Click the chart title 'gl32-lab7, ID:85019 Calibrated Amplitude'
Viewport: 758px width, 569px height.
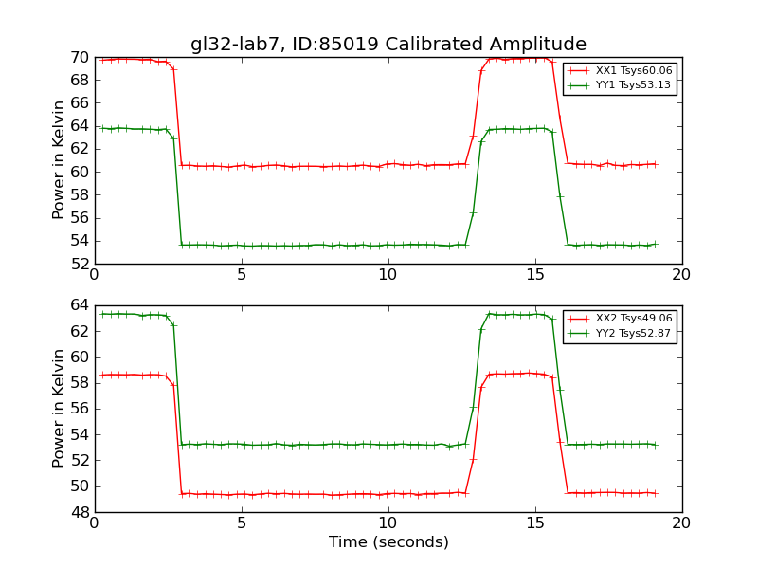coord(388,45)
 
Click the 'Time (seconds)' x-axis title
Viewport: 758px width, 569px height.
coord(388,542)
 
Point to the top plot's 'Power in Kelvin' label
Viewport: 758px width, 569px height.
coord(60,160)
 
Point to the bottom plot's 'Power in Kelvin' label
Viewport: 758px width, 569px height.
coord(60,409)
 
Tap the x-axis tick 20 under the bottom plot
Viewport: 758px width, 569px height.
coord(681,523)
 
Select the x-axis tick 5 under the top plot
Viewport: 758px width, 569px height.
coord(242,275)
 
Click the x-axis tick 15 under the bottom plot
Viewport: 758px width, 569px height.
coord(534,523)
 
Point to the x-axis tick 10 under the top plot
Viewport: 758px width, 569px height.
coord(388,275)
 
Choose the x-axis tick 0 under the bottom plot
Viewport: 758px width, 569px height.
coord(95,523)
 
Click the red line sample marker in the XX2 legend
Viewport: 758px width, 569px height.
coord(579,320)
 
